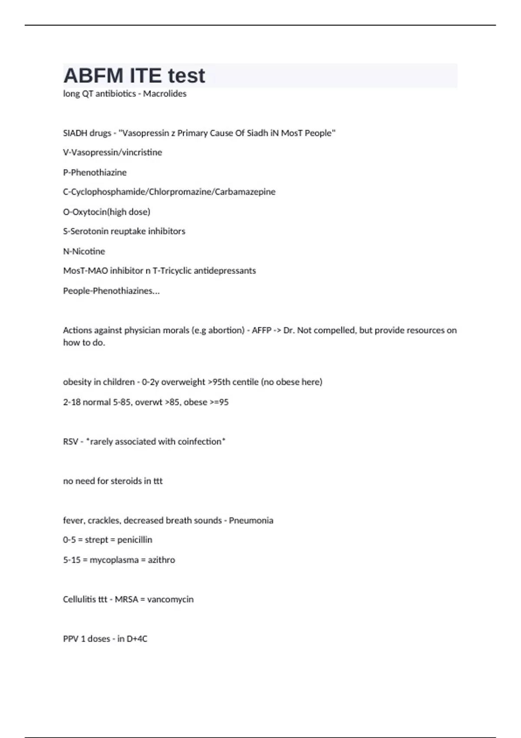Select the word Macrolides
[165, 94]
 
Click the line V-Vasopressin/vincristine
[112, 152]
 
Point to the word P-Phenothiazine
[95, 172]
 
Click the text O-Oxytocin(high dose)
[106, 212]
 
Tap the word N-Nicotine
[84, 251]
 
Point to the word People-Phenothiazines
[111, 291]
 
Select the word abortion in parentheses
[226, 330]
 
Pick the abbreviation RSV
[70, 441]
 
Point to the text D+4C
[137, 639]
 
